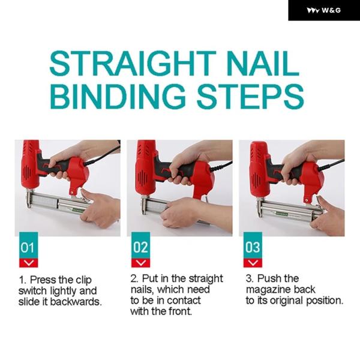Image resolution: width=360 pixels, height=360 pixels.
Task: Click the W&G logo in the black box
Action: tap(323, 10)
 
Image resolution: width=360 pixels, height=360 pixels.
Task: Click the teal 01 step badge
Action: tap(28, 245)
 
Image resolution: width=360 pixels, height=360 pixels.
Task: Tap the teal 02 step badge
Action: tap(140, 245)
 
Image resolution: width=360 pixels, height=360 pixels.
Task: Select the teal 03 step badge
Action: tap(253, 245)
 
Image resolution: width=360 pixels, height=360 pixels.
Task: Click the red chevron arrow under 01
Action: tap(28, 263)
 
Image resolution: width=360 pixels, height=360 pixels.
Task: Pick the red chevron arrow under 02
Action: tap(140, 263)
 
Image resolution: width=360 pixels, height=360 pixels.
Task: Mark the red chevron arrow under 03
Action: tap(253, 263)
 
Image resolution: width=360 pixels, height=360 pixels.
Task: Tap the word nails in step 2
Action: tap(142, 290)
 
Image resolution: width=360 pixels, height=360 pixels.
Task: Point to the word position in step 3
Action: tap(325, 301)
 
